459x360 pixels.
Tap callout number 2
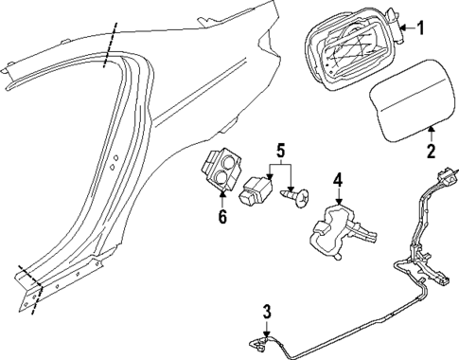(432, 150)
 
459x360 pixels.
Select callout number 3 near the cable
(267, 311)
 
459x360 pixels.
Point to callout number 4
(338, 179)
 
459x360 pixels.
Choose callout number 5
(280, 149)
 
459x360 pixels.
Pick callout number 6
(222, 217)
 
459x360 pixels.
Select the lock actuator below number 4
(339, 227)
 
